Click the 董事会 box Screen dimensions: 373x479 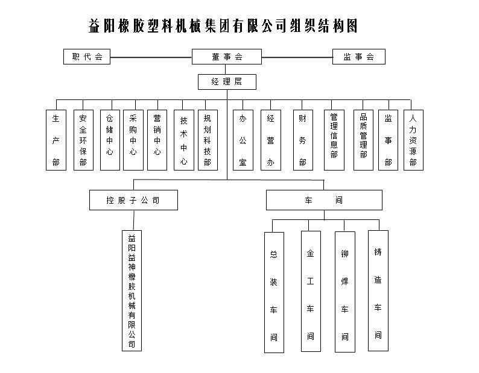[x=227, y=57]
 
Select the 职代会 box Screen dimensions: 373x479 [x=87, y=57]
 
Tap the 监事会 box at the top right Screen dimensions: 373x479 [x=359, y=57]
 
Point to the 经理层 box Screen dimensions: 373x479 [x=226, y=81]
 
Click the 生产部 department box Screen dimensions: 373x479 [x=56, y=140]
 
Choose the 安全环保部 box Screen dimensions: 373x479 [x=83, y=140]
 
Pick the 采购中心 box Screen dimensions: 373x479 [x=133, y=140]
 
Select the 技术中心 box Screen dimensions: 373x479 [x=183, y=140]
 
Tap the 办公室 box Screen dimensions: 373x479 [x=243, y=140]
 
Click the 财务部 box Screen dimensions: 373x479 [x=302, y=140]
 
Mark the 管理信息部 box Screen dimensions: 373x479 [x=334, y=140]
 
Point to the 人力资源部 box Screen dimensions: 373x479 [x=413, y=140]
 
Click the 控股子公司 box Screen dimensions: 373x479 [x=133, y=200]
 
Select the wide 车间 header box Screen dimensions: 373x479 [x=324, y=200]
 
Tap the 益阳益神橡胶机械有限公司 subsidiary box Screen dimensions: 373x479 [x=132, y=291]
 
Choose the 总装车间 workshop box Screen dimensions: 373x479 [x=274, y=292]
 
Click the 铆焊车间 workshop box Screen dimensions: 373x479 [x=344, y=292]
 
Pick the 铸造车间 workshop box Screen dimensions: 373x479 [x=378, y=290]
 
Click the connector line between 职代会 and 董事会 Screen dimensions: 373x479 [x=151, y=57]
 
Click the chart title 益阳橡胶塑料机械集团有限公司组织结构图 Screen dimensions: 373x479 [x=223, y=25]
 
